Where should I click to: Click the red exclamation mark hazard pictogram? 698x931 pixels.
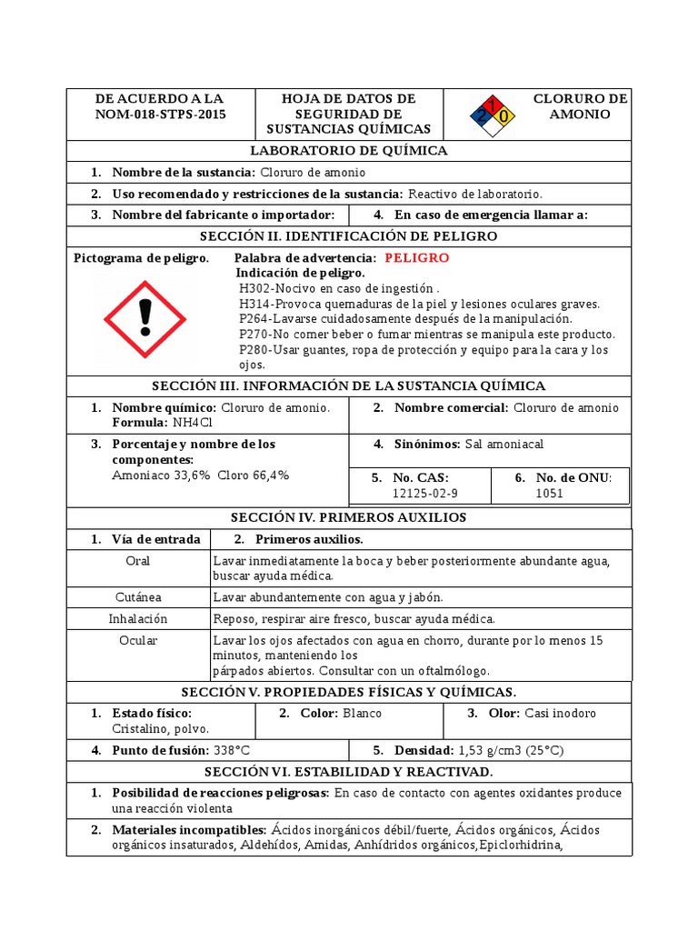145,318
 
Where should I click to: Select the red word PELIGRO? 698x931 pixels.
416,258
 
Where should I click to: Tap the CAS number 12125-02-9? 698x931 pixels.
425,493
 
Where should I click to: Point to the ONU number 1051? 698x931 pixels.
550,493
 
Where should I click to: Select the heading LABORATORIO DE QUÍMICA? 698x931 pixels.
349,151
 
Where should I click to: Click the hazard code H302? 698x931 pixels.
256,288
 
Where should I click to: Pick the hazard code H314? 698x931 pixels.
256,304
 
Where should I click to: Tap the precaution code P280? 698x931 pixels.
255,350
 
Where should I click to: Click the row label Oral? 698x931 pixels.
138,560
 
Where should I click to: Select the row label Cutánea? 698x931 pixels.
138,597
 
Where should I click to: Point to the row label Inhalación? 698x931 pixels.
138,619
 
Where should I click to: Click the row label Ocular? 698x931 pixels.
138,640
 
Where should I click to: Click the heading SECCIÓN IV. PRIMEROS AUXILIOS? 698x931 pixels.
349,517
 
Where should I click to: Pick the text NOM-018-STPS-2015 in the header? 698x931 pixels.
161,115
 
